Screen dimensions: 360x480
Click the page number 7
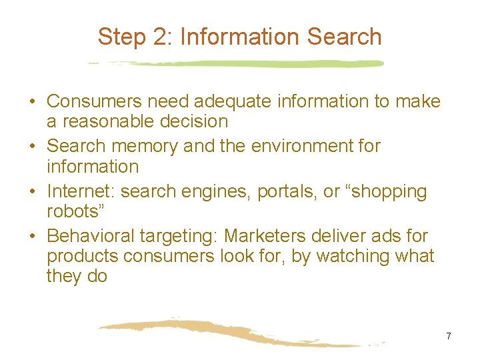[x=449, y=336]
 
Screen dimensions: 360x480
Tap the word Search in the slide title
[x=344, y=37]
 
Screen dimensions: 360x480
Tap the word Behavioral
[x=89, y=236]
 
